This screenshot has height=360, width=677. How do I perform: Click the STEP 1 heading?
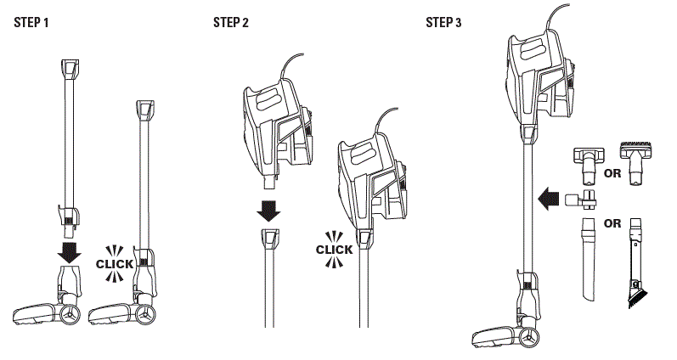(x=31, y=22)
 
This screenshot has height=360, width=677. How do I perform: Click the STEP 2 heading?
(x=231, y=22)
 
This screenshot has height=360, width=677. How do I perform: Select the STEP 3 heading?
(x=444, y=22)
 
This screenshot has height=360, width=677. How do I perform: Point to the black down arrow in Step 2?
(x=268, y=211)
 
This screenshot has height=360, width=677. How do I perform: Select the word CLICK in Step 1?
(x=115, y=264)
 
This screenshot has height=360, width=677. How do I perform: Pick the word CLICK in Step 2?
(x=334, y=250)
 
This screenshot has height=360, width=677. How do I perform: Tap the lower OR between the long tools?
(x=611, y=223)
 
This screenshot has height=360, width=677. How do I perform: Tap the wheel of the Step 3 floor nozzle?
(x=532, y=337)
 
